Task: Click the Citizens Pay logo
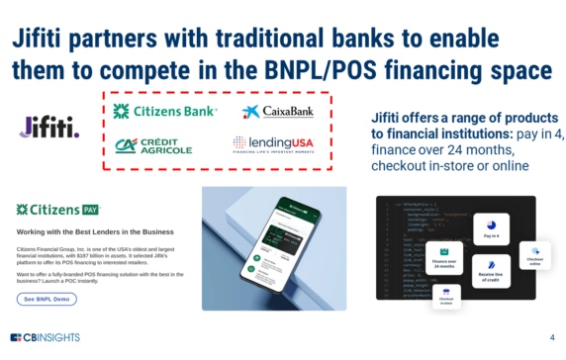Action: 55,210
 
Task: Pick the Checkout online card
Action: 535,255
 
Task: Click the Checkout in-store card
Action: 446,298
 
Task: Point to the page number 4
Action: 551,337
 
